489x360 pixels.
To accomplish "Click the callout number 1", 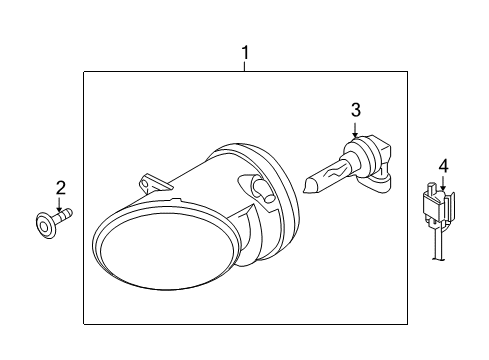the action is [245, 53].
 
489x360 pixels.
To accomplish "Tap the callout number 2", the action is [60, 188].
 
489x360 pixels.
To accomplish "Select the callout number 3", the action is [356, 110].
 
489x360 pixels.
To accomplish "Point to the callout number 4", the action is [443, 166].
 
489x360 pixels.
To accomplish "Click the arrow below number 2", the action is [59, 205].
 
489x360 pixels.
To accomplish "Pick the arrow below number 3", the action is [355, 130].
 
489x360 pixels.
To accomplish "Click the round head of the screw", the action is [45, 225].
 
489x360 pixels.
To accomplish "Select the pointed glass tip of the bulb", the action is [310, 185].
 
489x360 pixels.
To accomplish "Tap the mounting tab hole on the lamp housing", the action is [144, 184].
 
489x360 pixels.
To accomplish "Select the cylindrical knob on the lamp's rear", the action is [263, 191].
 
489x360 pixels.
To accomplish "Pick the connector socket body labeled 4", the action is [438, 204].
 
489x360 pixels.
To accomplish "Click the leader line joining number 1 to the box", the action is [245, 66].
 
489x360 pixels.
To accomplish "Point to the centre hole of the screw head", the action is [44, 227].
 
